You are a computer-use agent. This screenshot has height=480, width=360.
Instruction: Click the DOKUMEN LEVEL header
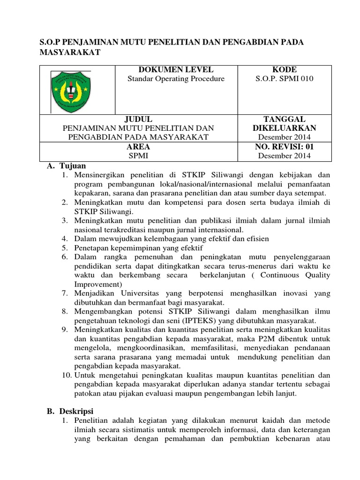tap(176, 70)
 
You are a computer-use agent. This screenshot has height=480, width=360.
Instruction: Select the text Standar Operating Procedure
tap(176, 79)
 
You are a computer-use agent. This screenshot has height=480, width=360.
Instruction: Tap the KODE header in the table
tap(285, 70)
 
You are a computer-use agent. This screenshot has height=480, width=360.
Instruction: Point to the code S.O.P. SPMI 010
tap(285, 79)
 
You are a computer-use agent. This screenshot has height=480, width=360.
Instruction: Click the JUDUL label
tap(138, 119)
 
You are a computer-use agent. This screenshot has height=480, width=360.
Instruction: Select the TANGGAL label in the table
tap(285, 119)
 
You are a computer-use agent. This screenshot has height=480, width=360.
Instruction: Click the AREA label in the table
tap(138, 147)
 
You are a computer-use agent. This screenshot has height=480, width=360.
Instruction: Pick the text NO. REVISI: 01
tap(285, 147)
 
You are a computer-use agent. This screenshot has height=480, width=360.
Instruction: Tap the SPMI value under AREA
tap(138, 156)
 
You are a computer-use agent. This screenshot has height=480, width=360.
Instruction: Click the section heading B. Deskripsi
tap(71, 412)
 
